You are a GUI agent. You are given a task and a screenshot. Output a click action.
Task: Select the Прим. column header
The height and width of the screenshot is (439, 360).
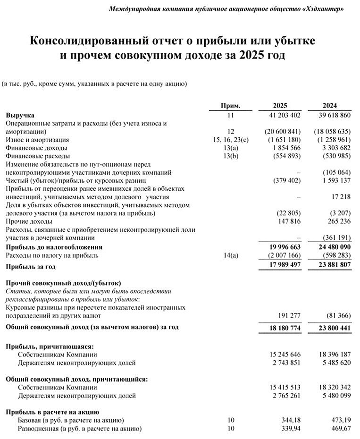[x=231, y=106]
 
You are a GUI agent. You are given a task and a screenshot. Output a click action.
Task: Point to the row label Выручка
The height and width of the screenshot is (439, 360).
[x=20, y=115]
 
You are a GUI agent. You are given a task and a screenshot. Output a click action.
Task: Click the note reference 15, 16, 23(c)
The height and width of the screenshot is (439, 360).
[x=231, y=140]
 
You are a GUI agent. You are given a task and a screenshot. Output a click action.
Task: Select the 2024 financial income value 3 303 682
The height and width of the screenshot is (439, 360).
[x=333, y=148]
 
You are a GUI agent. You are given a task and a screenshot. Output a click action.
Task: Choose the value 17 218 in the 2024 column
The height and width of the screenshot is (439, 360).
[x=340, y=196]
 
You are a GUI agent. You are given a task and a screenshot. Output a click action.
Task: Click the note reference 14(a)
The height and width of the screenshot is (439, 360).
[x=231, y=255]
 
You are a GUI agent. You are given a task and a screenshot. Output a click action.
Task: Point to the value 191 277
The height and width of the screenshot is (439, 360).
[x=287, y=315]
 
